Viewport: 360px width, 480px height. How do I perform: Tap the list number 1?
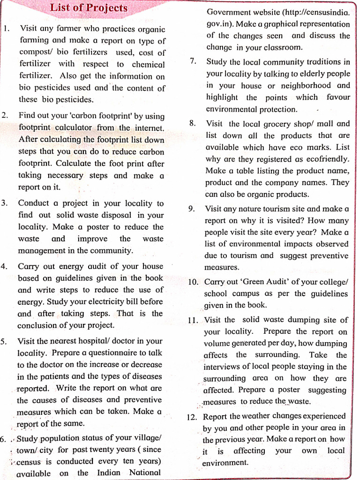pos(6,28)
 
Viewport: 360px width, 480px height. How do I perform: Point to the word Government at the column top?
pos(230,12)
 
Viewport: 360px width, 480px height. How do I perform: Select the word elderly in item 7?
pos(300,74)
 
